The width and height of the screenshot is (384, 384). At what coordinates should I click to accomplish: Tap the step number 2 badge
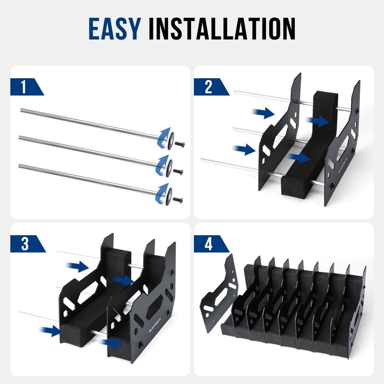(208, 87)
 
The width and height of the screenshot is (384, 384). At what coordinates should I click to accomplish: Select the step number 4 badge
(208, 244)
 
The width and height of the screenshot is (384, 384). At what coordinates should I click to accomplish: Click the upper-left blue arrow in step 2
(263, 113)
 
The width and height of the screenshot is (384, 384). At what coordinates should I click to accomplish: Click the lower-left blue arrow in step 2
(244, 149)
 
